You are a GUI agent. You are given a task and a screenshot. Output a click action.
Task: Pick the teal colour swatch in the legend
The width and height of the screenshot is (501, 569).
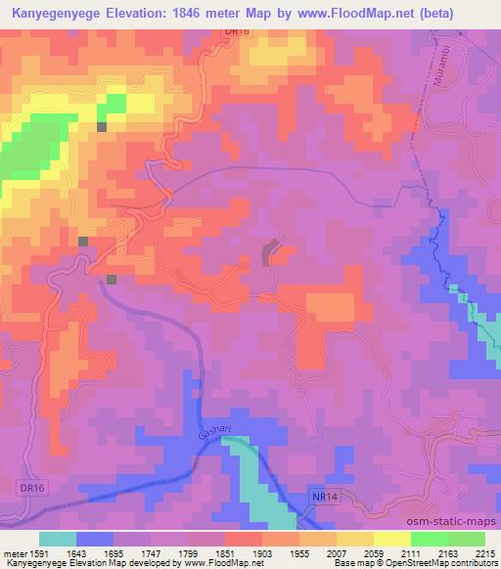pyautogui.click(x=58, y=539)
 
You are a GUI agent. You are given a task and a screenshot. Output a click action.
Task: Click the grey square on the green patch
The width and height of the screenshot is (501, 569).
pyautogui.click(x=102, y=126)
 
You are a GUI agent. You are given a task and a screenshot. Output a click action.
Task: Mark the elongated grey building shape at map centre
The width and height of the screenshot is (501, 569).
pyautogui.click(x=269, y=254)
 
